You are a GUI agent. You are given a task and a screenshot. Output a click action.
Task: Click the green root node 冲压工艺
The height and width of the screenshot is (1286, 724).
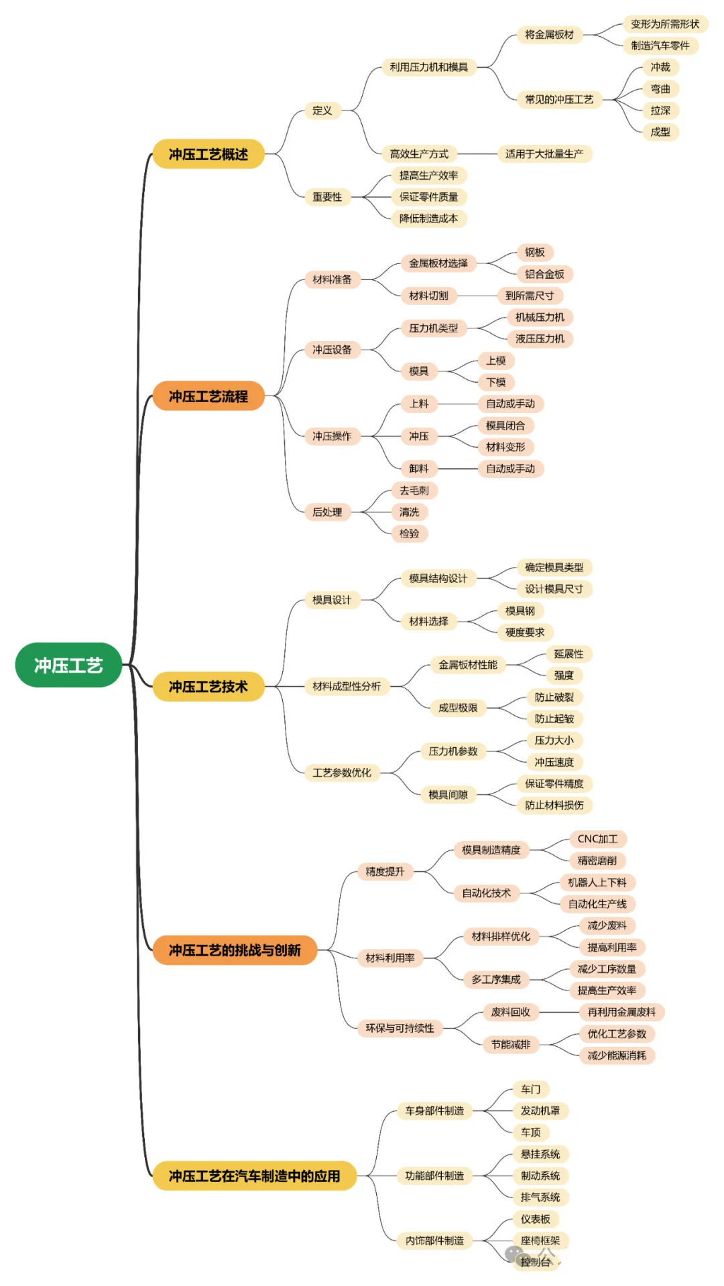(x=68, y=665)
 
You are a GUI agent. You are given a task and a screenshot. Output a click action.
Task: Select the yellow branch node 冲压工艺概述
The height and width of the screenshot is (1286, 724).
(x=208, y=154)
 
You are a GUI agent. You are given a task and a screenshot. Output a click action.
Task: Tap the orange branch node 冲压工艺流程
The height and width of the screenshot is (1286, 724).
(x=208, y=396)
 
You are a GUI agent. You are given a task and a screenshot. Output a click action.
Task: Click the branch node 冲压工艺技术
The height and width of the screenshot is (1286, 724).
(x=208, y=686)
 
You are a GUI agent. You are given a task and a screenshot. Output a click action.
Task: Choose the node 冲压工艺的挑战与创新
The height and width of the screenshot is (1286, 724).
(x=234, y=950)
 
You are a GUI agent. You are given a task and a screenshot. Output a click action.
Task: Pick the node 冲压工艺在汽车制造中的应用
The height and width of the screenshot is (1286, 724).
(x=254, y=1175)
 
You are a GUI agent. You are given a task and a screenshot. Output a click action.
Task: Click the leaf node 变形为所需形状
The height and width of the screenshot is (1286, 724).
(x=664, y=24)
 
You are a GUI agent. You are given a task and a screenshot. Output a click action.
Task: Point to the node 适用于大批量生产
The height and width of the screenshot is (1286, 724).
(x=544, y=153)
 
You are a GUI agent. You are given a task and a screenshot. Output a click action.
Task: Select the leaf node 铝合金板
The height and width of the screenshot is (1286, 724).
(x=544, y=274)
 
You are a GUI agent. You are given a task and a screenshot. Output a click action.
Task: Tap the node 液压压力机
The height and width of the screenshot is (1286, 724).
(x=540, y=338)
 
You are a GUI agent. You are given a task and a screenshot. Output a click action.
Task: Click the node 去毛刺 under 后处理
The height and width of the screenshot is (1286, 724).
(x=414, y=491)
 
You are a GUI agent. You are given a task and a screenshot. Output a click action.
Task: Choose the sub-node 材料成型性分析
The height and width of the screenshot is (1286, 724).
(x=346, y=686)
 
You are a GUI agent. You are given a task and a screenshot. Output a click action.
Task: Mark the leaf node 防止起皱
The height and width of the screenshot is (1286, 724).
(x=554, y=718)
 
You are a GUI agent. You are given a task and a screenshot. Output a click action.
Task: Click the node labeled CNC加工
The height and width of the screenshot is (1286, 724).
(x=597, y=839)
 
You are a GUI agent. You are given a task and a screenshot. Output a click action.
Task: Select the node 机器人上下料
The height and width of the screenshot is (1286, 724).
(x=597, y=883)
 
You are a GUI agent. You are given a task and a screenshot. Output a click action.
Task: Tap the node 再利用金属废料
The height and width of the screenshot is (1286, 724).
(x=621, y=1012)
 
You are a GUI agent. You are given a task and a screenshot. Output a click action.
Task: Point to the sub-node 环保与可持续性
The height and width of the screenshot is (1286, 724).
(x=400, y=1028)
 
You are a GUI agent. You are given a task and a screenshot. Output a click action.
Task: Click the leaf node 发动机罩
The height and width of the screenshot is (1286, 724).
(x=540, y=1110)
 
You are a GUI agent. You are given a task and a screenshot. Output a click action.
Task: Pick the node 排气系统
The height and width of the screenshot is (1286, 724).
(x=540, y=1197)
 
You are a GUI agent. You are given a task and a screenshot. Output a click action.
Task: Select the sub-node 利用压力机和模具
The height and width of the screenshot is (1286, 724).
(x=428, y=67)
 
